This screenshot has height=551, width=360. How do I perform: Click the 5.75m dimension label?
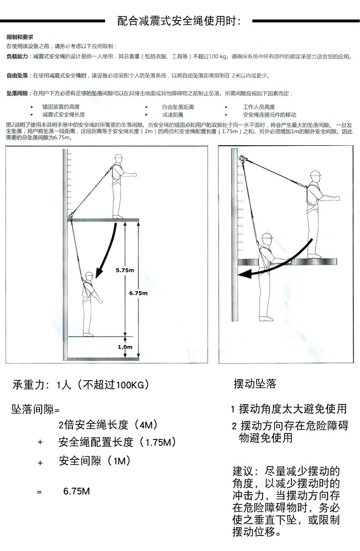click(124, 270)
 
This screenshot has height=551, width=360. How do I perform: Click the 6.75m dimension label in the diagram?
click(138, 293)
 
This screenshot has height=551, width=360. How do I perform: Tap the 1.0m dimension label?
click(124, 347)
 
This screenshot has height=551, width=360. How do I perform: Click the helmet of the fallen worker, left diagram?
click(89, 275)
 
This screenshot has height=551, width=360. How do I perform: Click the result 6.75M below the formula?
click(77, 491)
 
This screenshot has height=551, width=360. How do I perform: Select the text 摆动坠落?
click(255, 384)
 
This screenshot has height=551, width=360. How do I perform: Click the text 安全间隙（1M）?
click(95, 461)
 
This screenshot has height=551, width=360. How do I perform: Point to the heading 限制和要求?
click(20, 36)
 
